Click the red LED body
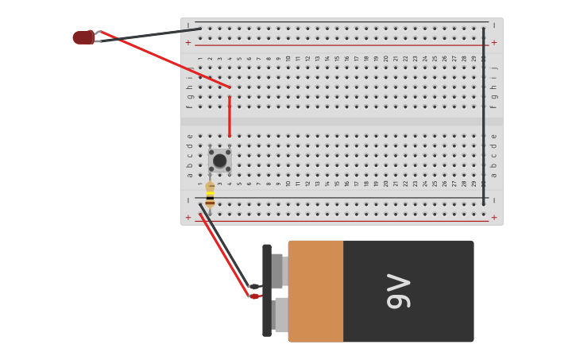pyautogui.click(x=83, y=37)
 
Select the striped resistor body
pyautogui.click(x=210, y=195)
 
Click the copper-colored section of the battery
pyautogui.click(x=315, y=291)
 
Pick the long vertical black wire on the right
pyautogui.click(x=483, y=116)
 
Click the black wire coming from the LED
pyautogui.click(x=151, y=34)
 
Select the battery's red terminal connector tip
pyautogui.click(x=254, y=296)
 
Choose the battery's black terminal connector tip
pyautogui.click(x=253, y=286)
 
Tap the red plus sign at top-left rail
pyautogui.click(x=188, y=43)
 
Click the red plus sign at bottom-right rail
pyautogui.click(x=494, y=217)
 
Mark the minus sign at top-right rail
pyautogui.click(x=494, y=25)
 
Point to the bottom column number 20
pyautogui.click(x=385, y=183)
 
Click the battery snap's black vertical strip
pyautogui.click(x=267, y=291)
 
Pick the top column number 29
pyautogui.click(x=474, y=58)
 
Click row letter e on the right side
pyautogui.click(x=493, y=136)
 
